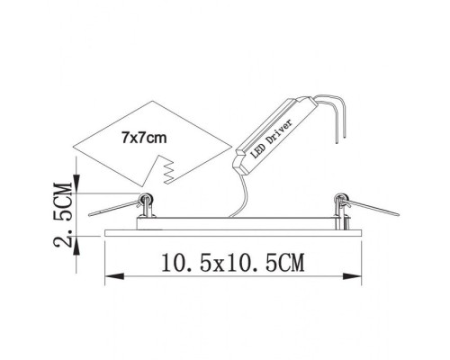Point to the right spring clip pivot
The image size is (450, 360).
[x=340, y=200]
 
